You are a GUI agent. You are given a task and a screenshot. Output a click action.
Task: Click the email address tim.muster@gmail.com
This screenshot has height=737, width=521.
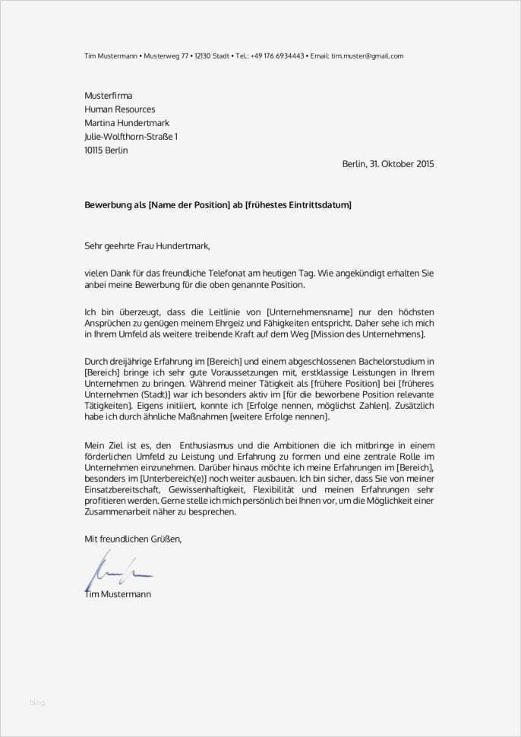click(x=368, y=56)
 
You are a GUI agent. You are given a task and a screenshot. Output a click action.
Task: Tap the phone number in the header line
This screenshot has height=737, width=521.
click(x=278, y=56)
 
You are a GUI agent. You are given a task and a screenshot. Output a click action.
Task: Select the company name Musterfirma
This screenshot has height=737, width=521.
click(x=109, y=96)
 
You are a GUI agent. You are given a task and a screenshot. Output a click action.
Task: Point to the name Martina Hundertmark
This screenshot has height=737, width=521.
click(x=127, y=123)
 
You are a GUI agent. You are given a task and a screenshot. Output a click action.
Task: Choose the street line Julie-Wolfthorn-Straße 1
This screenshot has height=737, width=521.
click(x=131, y=137)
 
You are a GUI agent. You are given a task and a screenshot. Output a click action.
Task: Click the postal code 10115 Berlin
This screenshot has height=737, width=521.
click(x=106, y=150)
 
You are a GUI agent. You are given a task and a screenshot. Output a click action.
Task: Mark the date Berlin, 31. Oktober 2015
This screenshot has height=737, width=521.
click(x=388, y=164)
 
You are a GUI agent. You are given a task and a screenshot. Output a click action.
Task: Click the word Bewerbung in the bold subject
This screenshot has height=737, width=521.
click(x=107, y=205)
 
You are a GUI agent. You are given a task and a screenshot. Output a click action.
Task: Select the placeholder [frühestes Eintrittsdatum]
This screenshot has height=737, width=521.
click(x=298, y=205)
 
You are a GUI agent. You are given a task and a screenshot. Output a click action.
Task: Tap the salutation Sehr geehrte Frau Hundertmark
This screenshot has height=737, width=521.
click(x=147, y=245)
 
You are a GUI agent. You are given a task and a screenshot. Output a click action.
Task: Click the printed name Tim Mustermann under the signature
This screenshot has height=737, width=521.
click(x=118, y=594)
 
